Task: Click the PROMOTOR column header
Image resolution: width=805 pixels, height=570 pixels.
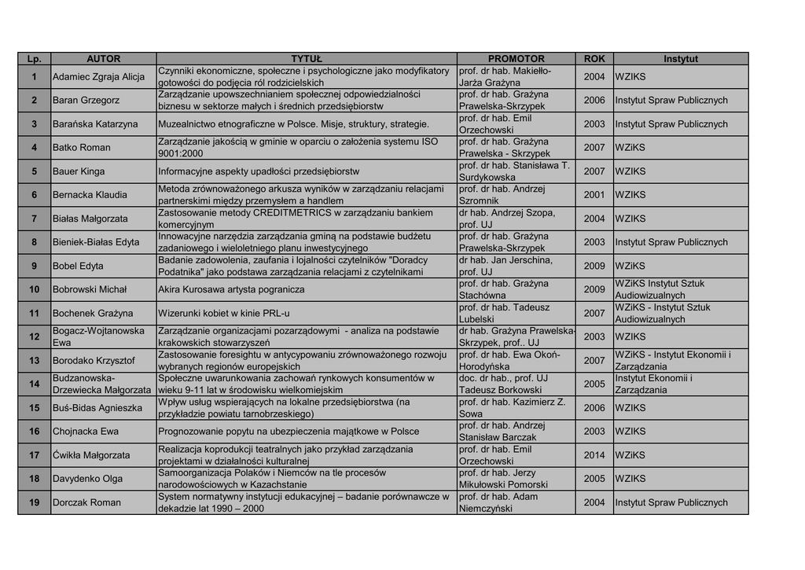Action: (516, 59)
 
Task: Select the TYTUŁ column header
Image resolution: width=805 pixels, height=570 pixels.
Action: (307, 59)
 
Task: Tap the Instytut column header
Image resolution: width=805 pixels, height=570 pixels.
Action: (680, 59)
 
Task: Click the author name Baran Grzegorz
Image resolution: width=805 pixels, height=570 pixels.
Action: (86, 101)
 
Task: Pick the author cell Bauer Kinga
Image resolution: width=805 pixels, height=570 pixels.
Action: (79, 171)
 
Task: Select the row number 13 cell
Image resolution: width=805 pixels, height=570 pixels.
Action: (35, 360)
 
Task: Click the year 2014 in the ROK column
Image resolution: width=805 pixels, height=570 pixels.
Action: (594, 455)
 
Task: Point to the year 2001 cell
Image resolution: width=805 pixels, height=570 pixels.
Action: (594, 195)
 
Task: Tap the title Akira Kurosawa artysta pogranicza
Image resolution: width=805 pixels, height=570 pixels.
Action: (231, 289)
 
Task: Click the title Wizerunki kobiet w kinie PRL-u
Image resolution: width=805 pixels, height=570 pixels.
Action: (224, 313)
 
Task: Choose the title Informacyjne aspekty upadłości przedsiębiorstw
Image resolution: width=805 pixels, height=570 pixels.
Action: (259, 171)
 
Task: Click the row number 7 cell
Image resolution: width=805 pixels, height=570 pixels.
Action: (35, 219)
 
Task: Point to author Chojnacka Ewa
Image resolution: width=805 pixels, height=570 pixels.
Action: (86, 432)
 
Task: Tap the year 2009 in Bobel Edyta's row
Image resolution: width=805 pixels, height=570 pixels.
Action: (594, 266)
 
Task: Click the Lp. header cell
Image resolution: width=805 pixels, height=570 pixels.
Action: (35, 59)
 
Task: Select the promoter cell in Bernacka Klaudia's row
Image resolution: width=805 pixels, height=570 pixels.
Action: (516, 195)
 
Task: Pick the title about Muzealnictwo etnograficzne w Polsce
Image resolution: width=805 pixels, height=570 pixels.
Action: (293, 124)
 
